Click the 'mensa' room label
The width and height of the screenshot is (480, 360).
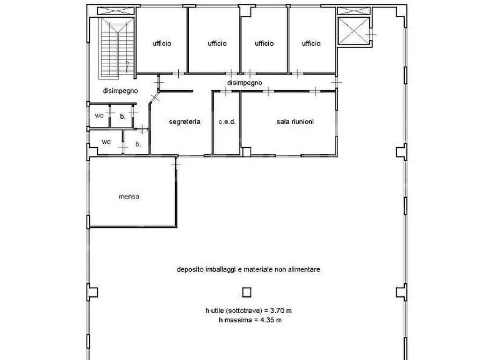click(129, 197)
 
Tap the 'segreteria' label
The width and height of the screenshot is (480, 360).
click(184, 121)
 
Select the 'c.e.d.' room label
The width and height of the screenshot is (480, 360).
click(227, 121)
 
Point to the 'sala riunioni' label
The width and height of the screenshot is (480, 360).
click(295, 121)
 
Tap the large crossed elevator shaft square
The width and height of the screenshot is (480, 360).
click(354, 31)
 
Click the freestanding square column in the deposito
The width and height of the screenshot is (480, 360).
click(247, 292)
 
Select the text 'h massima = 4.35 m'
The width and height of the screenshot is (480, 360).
click(250, 320)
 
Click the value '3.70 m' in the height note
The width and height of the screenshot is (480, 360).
click(281, 311)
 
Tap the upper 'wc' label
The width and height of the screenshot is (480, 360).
click(99, 116)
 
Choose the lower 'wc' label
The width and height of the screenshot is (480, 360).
click(106, 142)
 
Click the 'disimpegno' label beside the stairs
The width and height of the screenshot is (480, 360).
click(120, 91)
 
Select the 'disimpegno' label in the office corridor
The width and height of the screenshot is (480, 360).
click(245, 83)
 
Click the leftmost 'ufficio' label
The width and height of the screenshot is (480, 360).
click(162, 44)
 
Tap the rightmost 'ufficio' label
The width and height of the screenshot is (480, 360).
click(311, 44)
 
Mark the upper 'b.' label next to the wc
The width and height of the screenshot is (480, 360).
click(123, 116)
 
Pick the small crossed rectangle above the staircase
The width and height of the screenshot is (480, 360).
click(116, 11)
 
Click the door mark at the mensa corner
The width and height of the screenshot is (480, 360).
click(176, 164)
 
